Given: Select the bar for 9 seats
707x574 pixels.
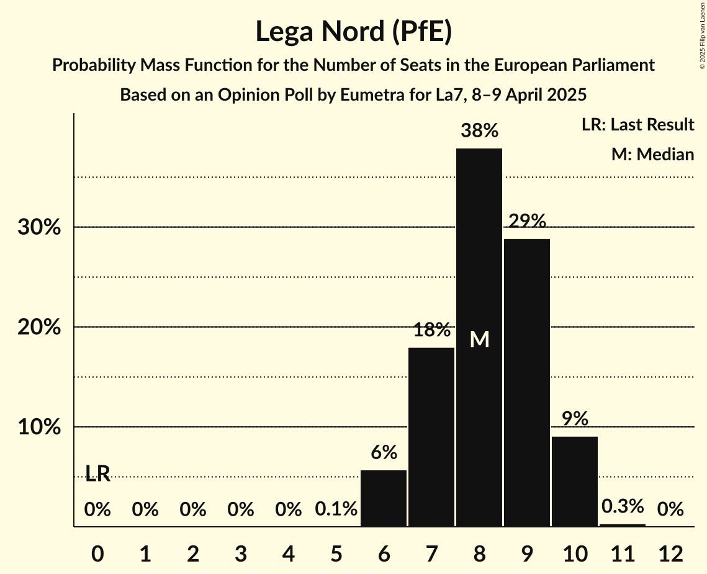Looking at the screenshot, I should pyautogui.click(x=526, y=382).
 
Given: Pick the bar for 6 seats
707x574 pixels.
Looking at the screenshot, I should pyautogui.click(x=384, y=498).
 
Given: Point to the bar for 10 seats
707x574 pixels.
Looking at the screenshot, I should pyautogui.click(x=574, y=481).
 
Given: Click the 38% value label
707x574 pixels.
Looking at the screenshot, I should pyautogui.click(x=479, y=131).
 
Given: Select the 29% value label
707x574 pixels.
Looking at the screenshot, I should pyautogui.click(x=526, y=221).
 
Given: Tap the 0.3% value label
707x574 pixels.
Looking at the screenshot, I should pyautogui.click(x=622, y=506).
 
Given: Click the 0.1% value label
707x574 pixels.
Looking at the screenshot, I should pyautogui.click(x=336, y=510).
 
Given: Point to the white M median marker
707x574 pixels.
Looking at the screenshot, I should pyautogui.click(x=479, y=339).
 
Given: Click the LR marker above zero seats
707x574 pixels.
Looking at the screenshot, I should pyautogui.click(x=97, y=475).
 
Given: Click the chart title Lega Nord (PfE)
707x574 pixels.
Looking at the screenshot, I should pyautogui.click(x=353, y=32).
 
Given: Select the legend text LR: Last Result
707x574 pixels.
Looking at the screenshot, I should pyautogui.click(x=637, y=125).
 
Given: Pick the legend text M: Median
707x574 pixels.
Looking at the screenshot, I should pyautogui.click(x=652, y=155).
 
